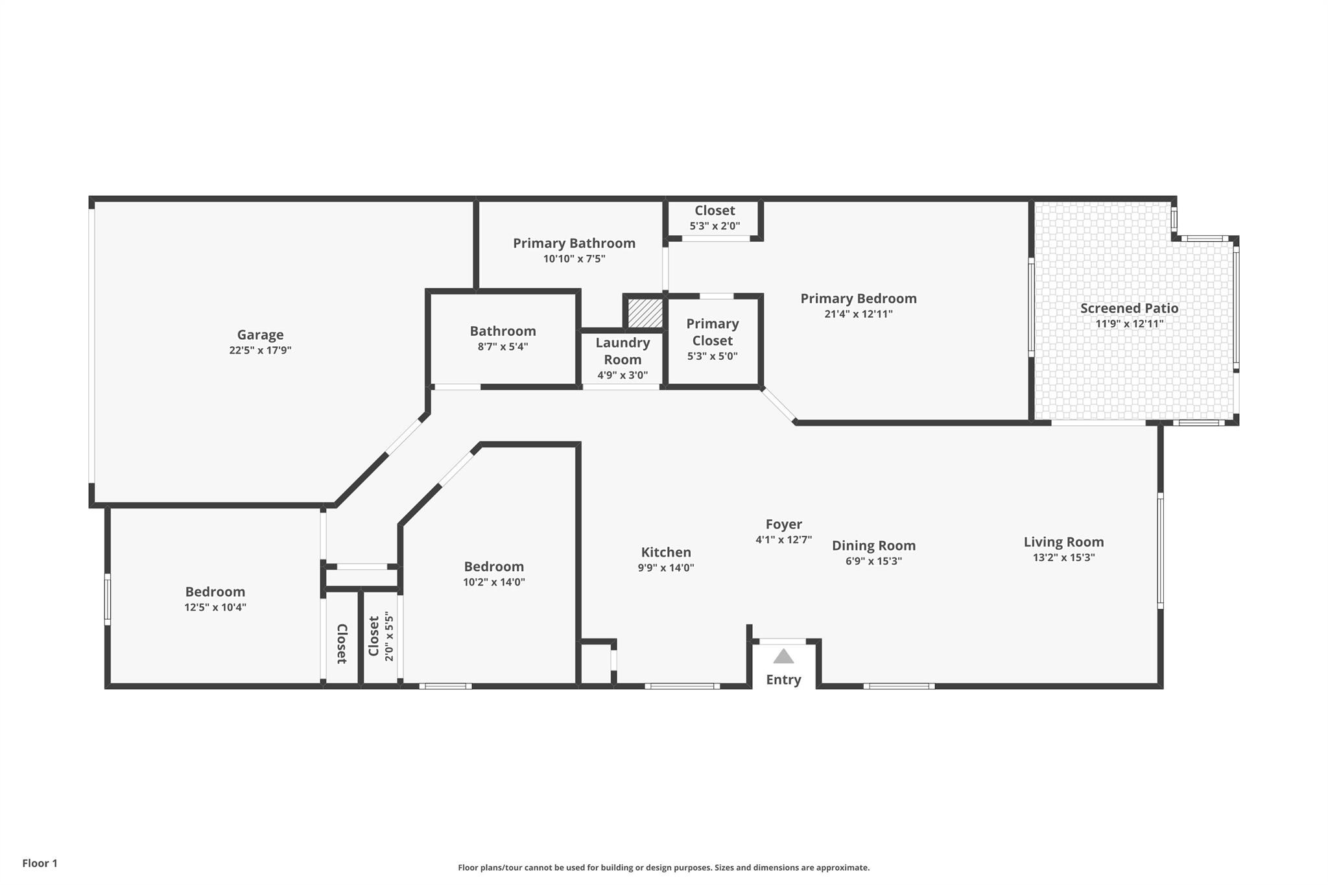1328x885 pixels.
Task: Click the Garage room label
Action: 260,335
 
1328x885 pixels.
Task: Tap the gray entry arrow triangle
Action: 783,657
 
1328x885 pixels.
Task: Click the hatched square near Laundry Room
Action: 645,313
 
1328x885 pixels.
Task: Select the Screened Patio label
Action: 1129,309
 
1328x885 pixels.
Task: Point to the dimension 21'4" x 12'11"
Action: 858,314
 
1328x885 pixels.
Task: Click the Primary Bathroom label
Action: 574,243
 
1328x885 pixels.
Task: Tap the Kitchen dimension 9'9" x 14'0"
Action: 665,568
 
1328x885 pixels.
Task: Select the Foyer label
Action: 783,524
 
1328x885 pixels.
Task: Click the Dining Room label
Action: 873,546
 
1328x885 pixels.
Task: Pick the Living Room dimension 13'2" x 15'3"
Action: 1063,558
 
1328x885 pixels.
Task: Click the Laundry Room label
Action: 622,351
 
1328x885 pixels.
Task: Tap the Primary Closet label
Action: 712,332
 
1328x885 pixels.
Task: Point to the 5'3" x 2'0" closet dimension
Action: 715,226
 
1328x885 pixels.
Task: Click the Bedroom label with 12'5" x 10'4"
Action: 215,592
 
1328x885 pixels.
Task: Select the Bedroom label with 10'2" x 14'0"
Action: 493,567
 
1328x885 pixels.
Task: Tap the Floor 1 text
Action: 40,863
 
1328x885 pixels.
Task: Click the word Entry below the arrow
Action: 783,679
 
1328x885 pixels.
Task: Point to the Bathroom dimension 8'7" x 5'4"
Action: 503,347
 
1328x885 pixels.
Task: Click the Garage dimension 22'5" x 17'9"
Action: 260,351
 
